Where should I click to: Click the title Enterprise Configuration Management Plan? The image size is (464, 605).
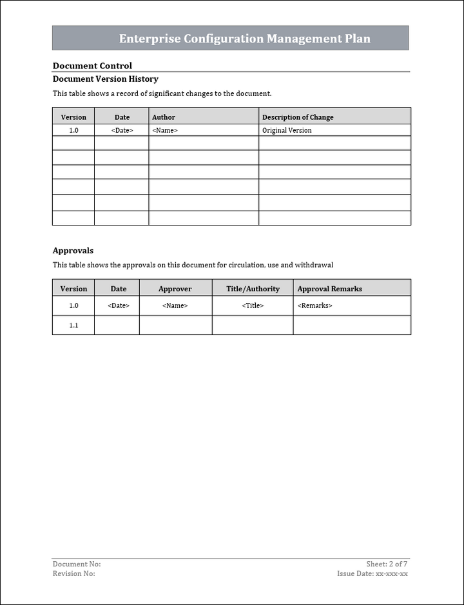tap(244, 39)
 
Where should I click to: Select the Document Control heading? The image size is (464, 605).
tap(92, 66)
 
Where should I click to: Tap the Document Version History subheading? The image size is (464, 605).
tap(105, 79)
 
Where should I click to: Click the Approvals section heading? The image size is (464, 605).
tap(73, 251)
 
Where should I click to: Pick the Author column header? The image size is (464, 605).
tap(164, 117)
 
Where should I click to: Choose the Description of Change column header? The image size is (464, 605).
tap(298, 117)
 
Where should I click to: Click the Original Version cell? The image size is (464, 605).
tap(287, 130)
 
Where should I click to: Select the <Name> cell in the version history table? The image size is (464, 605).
tap(165, 130)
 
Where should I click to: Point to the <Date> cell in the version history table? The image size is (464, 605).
tap(122, 130)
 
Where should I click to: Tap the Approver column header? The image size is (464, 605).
tap(175, 289)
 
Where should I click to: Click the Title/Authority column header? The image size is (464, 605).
tap(253, 289)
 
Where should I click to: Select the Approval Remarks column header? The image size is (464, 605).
tap(329, 289)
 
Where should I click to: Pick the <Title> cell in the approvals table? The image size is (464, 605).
tap(253, 305)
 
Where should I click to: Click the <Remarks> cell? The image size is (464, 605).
tap(315, 305)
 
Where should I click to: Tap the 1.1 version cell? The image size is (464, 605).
tap(73, 325)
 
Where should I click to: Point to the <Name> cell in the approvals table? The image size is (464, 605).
tap(175, 305)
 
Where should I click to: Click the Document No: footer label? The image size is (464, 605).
tap(77, 564)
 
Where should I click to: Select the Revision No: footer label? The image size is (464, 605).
tap(74, 573)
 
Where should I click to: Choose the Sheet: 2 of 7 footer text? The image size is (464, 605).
tap(387, 564)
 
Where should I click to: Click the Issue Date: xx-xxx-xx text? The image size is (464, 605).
tap(372, 573)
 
